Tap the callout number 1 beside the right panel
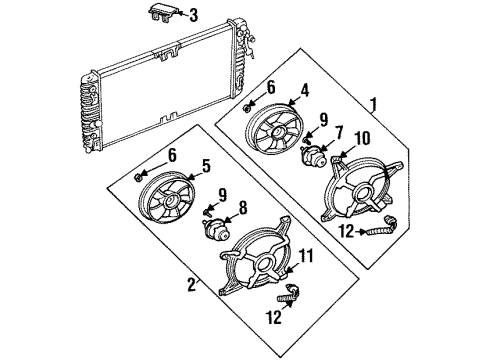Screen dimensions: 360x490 [373, 102]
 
